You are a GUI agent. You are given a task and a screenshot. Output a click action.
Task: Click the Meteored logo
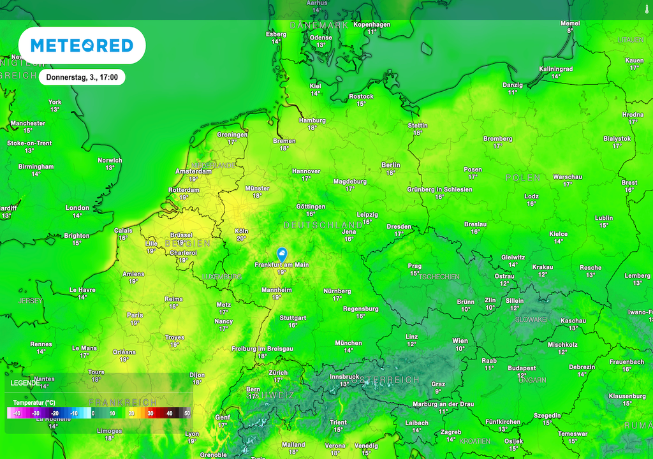click(82, 45)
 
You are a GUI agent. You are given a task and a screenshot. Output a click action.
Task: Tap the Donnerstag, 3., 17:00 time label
click(82, 77)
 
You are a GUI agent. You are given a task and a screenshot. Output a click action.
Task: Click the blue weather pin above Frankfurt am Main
click(281, 254)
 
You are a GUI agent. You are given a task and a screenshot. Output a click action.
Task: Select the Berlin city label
click(391, 164)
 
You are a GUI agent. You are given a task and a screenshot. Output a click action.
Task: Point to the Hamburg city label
click(312, 120)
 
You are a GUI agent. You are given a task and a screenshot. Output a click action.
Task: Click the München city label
click(348, 342)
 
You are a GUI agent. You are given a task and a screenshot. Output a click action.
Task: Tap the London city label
click(77, 208)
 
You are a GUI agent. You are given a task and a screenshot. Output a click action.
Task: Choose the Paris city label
click(135, 315)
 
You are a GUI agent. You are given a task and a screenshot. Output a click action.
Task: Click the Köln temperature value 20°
click(241, 238)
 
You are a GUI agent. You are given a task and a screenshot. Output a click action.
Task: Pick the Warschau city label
click(567, 176)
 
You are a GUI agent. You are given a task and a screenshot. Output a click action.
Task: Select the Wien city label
click(460, 341)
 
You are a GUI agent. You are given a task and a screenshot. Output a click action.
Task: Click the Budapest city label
click(522, 368)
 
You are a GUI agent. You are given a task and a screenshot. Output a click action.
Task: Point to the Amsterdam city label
click(193, 171)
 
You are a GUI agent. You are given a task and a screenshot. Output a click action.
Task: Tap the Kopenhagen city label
click(372, 24)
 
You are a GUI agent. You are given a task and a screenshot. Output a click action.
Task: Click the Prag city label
click(415, 266)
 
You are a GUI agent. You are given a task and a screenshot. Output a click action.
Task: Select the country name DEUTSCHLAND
click(323, 225)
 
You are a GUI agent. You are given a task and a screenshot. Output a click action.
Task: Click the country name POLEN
click(523, 178)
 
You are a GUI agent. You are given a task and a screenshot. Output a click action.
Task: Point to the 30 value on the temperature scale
click(150, 414)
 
